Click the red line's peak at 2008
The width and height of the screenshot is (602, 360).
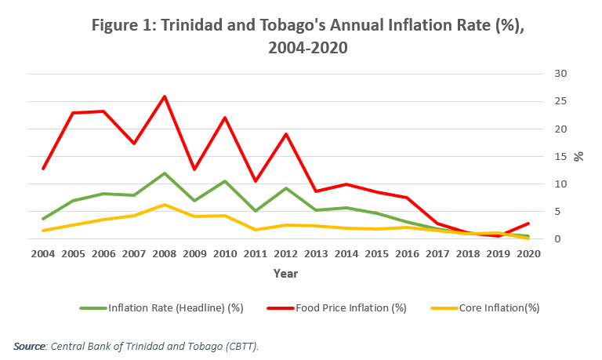pyautogui.click(x=164, y=96)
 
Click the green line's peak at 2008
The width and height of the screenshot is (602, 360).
pyautogui.click(x=164, y=173)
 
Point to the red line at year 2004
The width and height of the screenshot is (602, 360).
pyautogui.click(x=43, y=169)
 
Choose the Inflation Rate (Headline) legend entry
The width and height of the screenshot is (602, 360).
pyautogui.click(x=176, y=307)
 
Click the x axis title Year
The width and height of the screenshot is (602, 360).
pyautogui.click(x=285, y=274)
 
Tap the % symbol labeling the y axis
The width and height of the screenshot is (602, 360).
pyautogui.click(x=579, y=156)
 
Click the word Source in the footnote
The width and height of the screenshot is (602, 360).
pyautogui.click(x=29, y=345)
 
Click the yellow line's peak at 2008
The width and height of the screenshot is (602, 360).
pyautogui.click(x=164, y=205)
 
